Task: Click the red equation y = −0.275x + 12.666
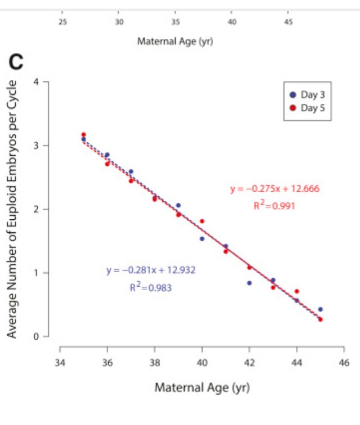274,189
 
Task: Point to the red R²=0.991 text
274,206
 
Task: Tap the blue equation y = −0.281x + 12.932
151,270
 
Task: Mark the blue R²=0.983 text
150,287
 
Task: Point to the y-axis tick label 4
35,82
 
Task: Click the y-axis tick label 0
35,337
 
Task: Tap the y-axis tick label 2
35,210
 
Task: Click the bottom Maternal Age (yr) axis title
202,387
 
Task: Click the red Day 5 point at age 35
83,134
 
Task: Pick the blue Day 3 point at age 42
249,283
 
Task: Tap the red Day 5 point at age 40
202,221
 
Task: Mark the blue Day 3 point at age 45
320,309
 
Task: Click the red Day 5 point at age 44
296,291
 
